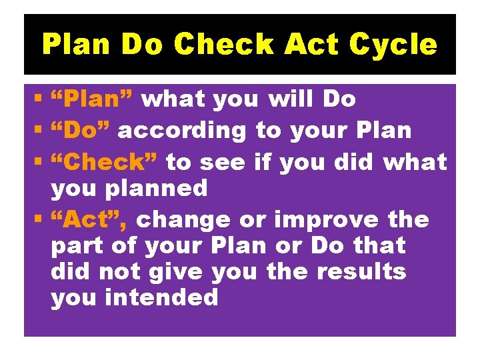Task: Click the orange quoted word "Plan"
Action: pyautogui.click(x=93, y=99)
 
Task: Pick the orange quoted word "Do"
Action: pyautogui.click(x=81, y=131)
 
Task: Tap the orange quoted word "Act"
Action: pyautogui.click(x=89, y=219)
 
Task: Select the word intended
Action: pyautogui.click(x=162, y=298)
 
